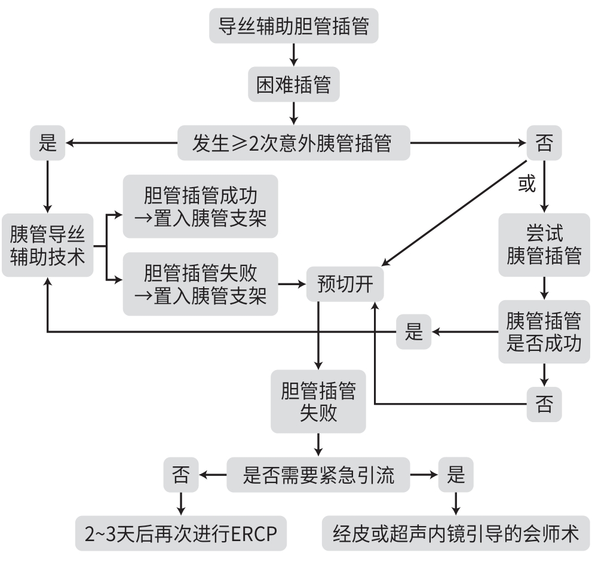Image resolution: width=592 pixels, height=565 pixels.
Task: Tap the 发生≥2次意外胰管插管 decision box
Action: click(293, 143)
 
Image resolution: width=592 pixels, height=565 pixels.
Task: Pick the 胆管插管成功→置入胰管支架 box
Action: click(201, 206)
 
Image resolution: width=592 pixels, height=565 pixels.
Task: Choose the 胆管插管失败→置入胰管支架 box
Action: click(201, 284)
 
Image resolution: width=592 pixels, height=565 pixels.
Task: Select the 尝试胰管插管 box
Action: click(544, 245)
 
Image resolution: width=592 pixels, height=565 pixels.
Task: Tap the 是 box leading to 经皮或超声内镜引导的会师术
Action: click(456, 475)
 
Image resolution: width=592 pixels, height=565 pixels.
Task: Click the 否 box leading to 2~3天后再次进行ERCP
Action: click(180, 475)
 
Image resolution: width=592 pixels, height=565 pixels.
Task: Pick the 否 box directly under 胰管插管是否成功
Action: click(544, 404)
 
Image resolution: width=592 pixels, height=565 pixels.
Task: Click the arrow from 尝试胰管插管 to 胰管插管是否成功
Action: click(544, 288)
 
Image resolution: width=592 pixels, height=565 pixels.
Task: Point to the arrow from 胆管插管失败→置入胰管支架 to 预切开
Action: click(292, 284)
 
